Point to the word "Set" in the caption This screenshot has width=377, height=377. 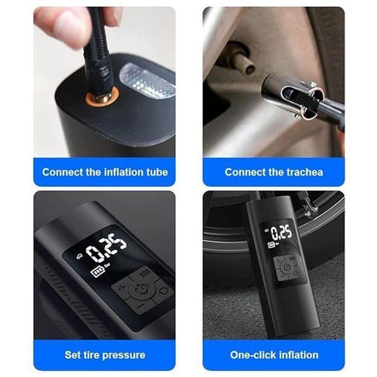[74, 354]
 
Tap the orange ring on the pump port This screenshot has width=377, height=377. [97, 98]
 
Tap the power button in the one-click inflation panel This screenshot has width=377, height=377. [287, 266]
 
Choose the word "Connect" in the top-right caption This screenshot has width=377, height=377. [245, 172]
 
